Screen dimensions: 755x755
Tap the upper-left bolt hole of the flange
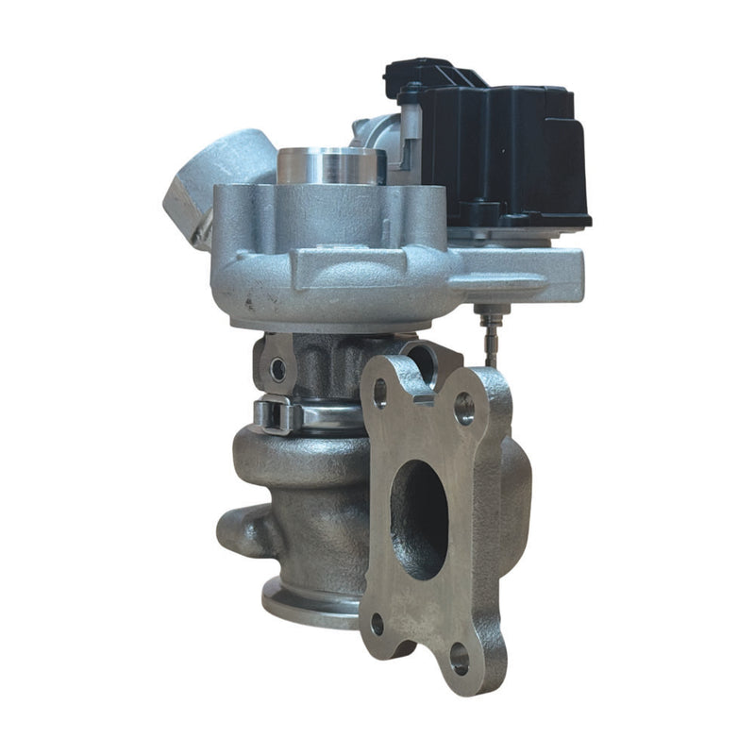[380, 392]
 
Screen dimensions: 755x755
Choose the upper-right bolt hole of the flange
[464, 408]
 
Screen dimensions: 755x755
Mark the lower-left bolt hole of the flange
[377, 624]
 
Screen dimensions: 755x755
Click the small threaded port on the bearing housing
[277, 368]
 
